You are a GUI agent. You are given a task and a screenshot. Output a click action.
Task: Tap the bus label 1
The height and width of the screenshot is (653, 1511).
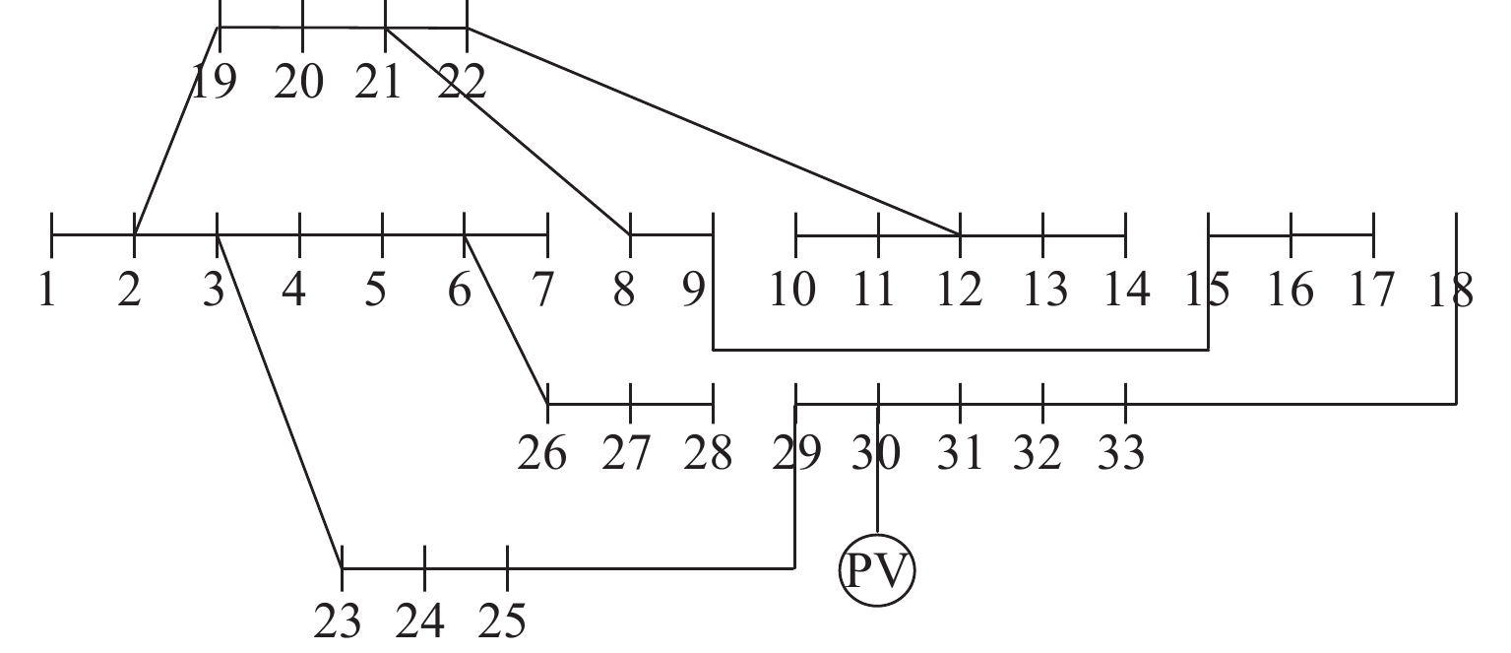(x=46, y=290)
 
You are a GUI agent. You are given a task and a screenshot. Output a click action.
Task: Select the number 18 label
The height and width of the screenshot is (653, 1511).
(x=1449, y=290)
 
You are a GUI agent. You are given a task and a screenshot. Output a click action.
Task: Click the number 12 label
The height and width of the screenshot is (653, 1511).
(x=958, y=290)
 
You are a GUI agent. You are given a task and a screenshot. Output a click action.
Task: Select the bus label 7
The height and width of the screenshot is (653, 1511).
(x=542, y=290)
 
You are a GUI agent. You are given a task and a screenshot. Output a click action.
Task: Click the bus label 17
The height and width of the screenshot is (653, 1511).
(x=1372, y=290)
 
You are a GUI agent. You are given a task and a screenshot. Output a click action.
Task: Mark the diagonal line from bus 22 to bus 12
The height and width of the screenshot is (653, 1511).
(x=714, y=132)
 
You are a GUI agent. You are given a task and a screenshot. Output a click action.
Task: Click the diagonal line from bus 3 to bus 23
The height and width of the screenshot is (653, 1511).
(x=280, y=402)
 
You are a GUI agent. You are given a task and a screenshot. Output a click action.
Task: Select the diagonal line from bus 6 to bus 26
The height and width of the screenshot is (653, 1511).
(x=506, y=320)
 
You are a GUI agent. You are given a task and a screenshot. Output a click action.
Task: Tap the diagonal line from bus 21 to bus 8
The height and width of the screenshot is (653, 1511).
(x=508, y=132)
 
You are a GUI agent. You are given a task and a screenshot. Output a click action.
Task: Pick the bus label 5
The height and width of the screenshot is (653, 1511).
(x=375, y=290)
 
